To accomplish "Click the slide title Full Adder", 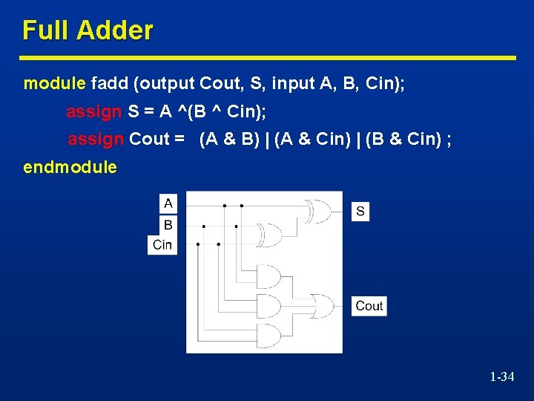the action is [88, 30].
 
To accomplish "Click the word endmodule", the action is [70, 167].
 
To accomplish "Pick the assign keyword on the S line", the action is [93, 112].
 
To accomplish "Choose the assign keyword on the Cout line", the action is [95, 140].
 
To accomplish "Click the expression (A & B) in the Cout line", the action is [228, 140].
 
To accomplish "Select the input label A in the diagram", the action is [168, 203].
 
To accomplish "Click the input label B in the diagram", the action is [168, 224].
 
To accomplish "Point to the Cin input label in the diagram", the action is [162, 244].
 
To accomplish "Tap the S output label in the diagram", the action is [360, 212].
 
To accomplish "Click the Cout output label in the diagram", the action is [369, 305].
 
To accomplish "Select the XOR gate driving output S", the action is [320, 212].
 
